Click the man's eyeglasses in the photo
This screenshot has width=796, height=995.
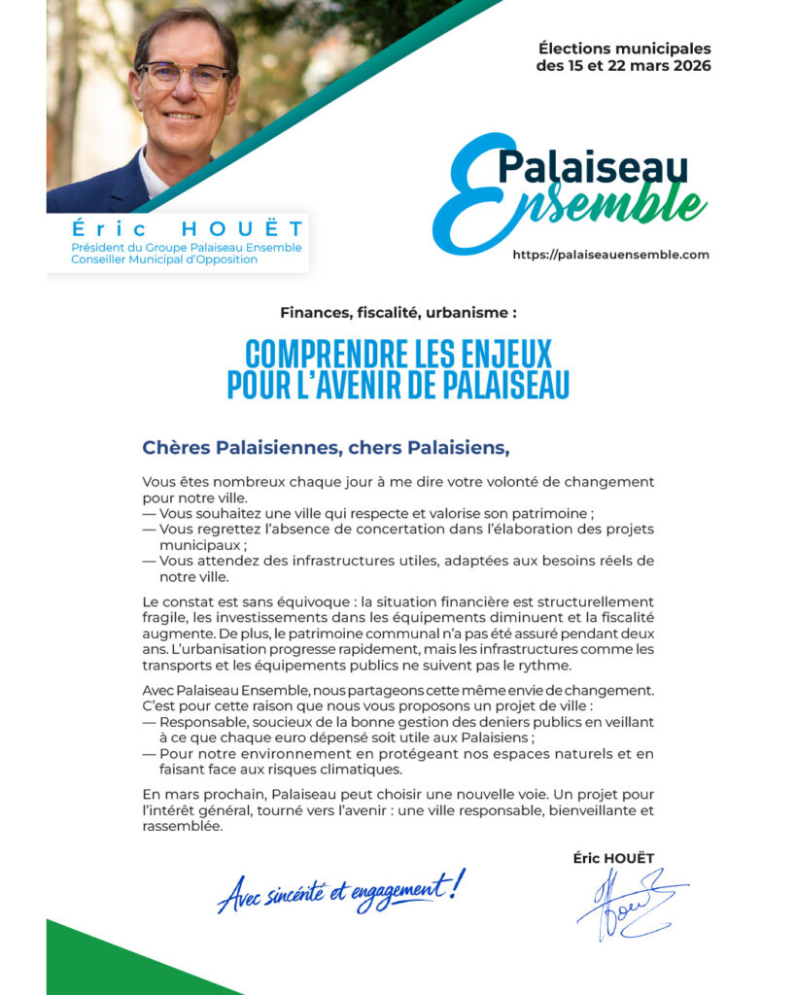(186, 76)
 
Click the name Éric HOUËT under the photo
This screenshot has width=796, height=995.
(187, 229)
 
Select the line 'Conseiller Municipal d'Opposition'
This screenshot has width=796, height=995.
(164, 259)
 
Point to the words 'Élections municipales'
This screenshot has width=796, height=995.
(624, 49)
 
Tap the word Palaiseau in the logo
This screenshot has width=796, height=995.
(592, 165)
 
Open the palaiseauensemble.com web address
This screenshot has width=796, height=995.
(610, 255)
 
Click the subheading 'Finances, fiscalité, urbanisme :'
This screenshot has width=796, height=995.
(398, 313)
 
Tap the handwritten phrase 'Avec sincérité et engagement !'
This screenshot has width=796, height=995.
(341, 890)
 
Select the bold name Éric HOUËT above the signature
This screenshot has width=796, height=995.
(613, 858)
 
